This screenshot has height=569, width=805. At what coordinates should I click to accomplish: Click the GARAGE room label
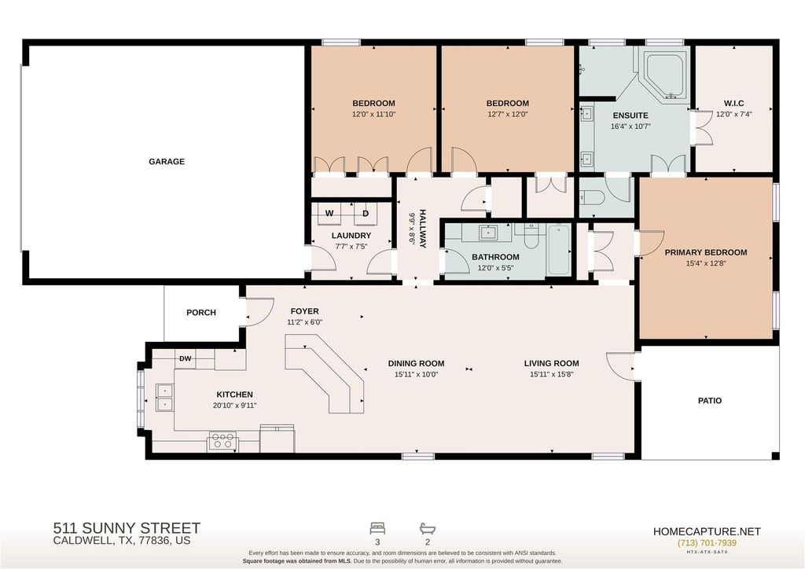(167, 162)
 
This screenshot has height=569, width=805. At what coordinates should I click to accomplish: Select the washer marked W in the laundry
(329, 214)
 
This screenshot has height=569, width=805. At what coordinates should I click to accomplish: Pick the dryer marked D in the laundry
(365, 214)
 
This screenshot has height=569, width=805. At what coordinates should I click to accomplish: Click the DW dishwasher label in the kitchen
(186, 358)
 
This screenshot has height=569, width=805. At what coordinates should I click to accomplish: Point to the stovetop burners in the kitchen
(222, 442)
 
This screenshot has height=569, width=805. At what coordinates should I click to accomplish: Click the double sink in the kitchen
(165, 397)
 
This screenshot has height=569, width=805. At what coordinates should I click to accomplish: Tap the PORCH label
(201, 313)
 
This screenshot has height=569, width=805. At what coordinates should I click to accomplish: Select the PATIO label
(710, 401)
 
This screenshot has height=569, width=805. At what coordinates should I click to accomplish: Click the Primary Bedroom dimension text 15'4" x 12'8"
(706, 264)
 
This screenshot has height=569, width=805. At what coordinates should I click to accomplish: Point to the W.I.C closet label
(734, 103)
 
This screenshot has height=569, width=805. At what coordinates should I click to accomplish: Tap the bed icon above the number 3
(377, 528)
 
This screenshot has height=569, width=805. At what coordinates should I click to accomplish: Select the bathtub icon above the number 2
(428, 528)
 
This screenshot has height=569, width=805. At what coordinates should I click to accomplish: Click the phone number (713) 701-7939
(707, 543)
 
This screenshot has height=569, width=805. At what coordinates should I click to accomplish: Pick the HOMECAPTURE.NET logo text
(707, 531)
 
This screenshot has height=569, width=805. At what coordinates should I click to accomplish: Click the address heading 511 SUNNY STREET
(127, 528)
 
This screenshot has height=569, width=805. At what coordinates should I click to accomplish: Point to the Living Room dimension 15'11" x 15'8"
(551, 375)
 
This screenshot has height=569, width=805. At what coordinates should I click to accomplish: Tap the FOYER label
(304, 311)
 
